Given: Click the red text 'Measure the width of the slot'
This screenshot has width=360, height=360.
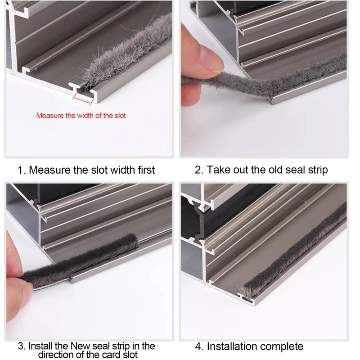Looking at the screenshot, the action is [x=81, y=116].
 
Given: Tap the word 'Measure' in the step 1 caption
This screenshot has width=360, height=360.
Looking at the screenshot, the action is [x=49, y=170].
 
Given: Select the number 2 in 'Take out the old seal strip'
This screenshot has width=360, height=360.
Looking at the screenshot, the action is [x=198, y=170].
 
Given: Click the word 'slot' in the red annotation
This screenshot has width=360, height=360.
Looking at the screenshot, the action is [x=120, y=116].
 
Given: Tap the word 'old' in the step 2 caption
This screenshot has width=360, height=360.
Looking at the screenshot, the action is [x=276, y=170].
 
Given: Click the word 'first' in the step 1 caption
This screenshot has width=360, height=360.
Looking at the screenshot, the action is [x=146, y=170].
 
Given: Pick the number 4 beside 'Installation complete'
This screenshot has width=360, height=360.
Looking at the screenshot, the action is [x=198, y=346].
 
